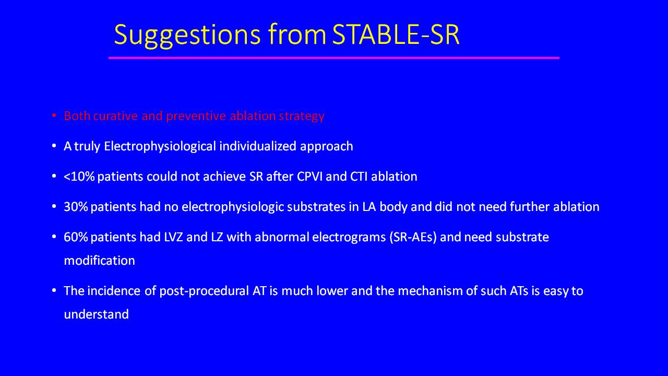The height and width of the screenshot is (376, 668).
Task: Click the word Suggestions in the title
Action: [187, 35]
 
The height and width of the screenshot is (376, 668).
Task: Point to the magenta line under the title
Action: [333, 58]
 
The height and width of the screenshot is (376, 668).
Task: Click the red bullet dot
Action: [54, 115]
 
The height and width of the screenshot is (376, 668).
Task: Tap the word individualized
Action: [258, 146]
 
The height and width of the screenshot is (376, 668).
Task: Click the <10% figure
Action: [79, 177]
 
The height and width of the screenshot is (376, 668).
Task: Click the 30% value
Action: [76, 207]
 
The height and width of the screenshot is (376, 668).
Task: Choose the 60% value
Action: [76, 237]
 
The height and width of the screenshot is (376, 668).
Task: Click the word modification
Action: [100, 261]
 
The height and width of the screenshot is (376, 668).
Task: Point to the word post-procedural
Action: [204, 291]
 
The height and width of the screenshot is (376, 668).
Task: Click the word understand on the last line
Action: [97, 314]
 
